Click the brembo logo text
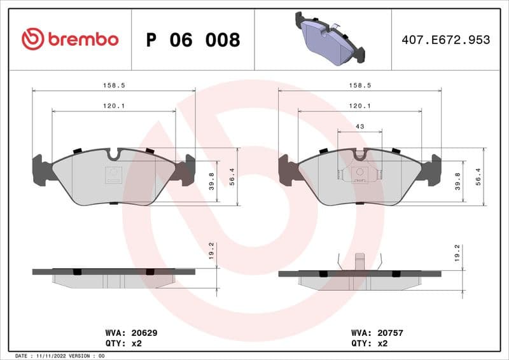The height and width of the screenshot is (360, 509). click(x=82, y=39)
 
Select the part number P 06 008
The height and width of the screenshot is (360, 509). click(x=193, y=40)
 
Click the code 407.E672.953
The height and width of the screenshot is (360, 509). click(x=445, y=40)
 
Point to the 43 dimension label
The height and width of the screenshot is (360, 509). click(x=359, y=127)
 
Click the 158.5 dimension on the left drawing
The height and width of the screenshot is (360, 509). click(x=113, y=85)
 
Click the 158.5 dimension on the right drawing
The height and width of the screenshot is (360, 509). click(x=359, y=85)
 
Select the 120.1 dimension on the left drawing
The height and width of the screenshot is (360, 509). click(x=113, y=106)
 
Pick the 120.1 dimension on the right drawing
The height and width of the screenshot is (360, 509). click(x=359, y=106)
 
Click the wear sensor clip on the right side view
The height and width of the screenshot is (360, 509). click(x=359, y=261)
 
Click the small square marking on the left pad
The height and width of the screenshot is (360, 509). click(x=113, y=173)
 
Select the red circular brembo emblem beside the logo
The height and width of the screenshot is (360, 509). click(x=33, y=39)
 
